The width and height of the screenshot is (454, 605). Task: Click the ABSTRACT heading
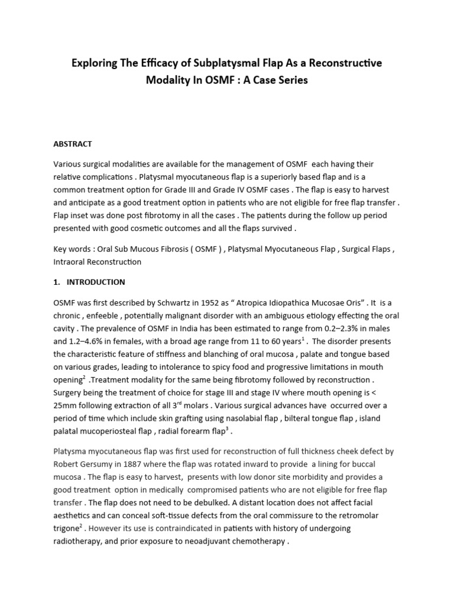click(x=73, y=144)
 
